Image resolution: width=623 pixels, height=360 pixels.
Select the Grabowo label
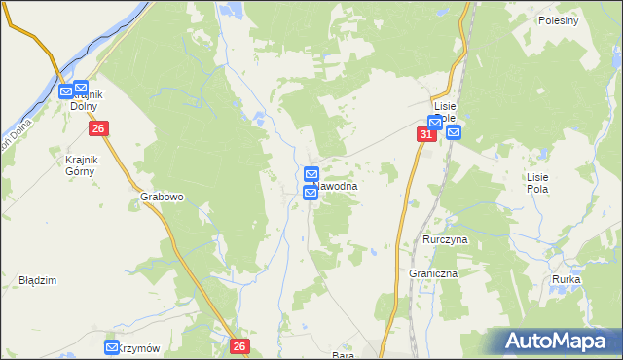tap(162, 196)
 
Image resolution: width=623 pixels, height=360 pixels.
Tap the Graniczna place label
tap(433, 274)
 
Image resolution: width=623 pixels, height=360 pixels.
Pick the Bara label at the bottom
tap(342, 355)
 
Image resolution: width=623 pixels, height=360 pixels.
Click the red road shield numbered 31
tap(426, 134)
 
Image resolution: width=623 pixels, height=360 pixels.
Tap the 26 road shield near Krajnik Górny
tap(97, 128)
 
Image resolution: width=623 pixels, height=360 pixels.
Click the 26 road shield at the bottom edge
tap(241, 345)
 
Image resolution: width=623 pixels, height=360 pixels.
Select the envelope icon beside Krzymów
tap(112, 347)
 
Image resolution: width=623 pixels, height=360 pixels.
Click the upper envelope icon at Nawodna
tap(311, 175)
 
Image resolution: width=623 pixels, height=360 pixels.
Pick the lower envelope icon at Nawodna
tap(311, 194)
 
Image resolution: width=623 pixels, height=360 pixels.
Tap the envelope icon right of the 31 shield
tap(454, 133)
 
